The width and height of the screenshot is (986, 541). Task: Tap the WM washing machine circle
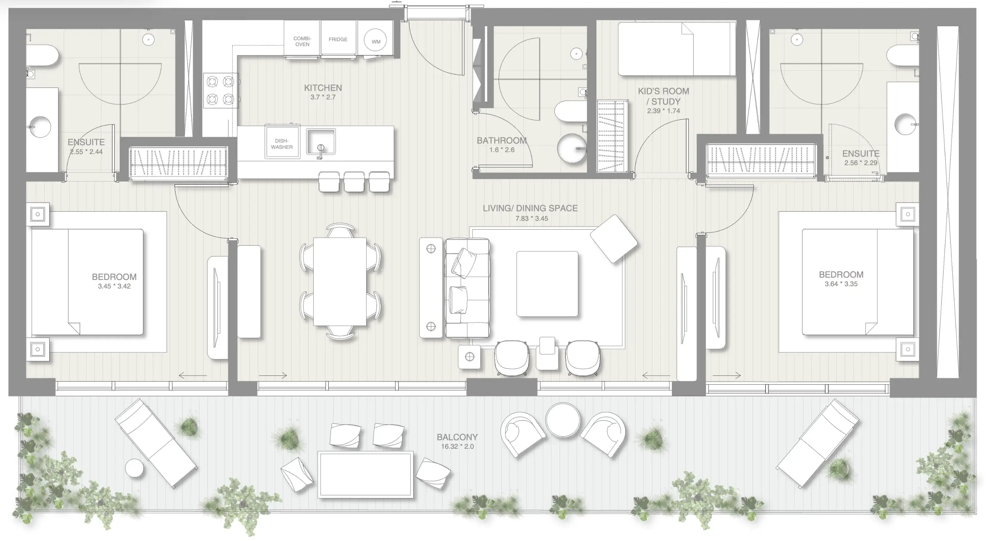coord(375,40)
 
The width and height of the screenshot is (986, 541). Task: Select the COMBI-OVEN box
coord(302,41)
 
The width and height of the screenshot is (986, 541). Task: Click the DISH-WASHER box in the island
coord(282,144)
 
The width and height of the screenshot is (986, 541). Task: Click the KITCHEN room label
coord(323,88)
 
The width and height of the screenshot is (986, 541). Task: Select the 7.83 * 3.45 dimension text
coord(531,218)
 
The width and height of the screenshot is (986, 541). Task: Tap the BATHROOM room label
coord(501,141)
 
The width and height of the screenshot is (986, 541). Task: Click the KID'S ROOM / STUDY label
coord(663,96)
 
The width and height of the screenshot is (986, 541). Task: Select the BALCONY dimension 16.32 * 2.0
coord(457,446)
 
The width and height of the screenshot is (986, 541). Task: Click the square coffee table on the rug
coord(547,284)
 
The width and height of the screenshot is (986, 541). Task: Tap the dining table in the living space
coord(339,282)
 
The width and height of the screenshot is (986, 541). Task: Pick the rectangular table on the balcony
coord(365,475)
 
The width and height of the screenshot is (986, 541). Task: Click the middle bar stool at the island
coord(354,182)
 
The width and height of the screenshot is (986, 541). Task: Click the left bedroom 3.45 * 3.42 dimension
coord(114,286)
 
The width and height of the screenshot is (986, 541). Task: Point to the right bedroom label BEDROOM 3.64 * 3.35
coord(841,279)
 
